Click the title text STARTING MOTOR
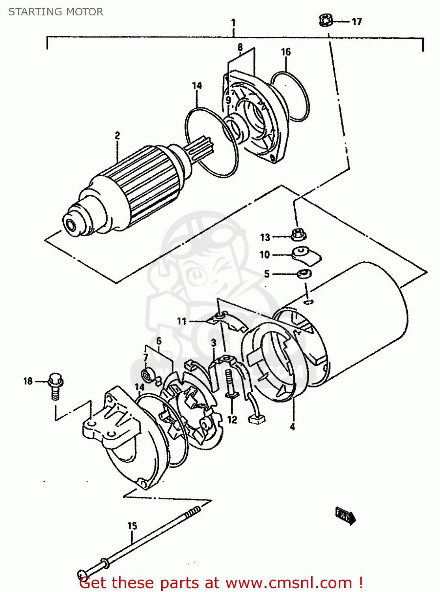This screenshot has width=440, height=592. coord(56,12)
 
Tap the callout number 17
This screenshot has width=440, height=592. coord(356,22)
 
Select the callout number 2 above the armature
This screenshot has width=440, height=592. coord(117,136)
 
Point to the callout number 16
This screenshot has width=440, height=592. coord(286,52)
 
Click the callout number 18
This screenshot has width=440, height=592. coord(28,381)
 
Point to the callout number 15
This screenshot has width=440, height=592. coord(132,526)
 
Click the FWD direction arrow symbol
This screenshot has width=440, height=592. coord(345,515)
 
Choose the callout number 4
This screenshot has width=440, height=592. coord(292,427)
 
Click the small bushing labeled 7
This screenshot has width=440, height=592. coord(148,375)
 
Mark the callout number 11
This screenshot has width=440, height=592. coord(181,321)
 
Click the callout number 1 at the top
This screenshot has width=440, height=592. coord(233,22)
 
